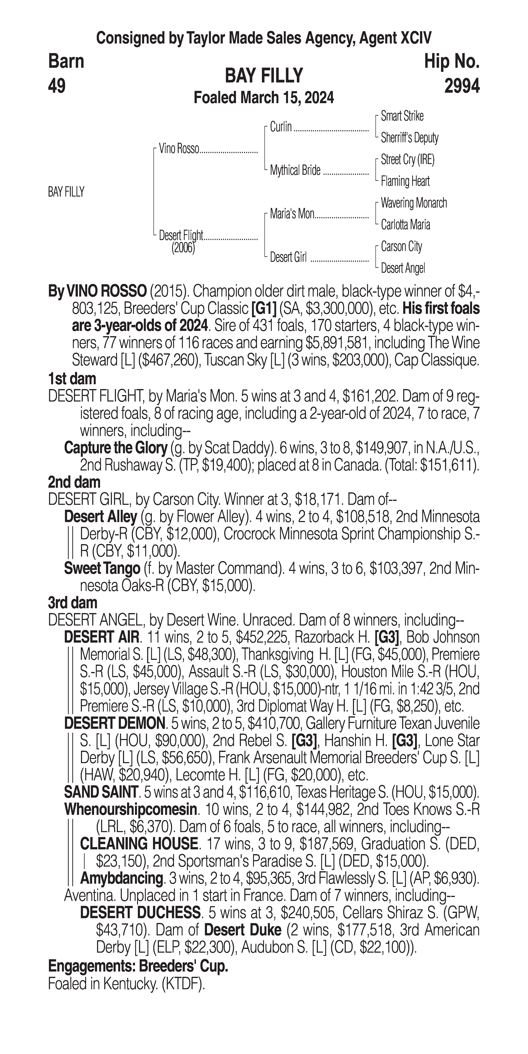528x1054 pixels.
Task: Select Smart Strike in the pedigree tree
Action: pos(402,116)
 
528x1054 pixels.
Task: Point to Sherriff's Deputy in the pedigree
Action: pos(409,138)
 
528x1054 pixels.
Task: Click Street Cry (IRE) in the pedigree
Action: pos(407,160)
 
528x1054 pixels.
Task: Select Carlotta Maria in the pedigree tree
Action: pos(405,225)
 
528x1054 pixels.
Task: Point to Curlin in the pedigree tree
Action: pos(281,127)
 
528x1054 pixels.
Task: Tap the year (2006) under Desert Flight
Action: pos(183,248)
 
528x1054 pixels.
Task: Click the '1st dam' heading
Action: pos(72,379)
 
